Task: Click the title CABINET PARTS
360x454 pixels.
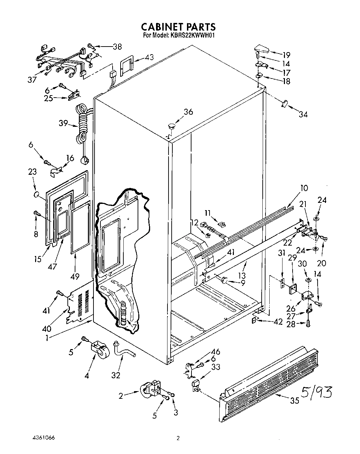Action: point(178,27)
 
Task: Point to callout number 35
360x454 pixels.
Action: point(295,401)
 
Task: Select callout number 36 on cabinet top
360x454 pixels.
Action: point(188,112)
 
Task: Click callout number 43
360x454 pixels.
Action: point(149,57)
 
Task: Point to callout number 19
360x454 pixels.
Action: point(286,55)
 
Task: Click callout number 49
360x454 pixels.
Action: point(75,276)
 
